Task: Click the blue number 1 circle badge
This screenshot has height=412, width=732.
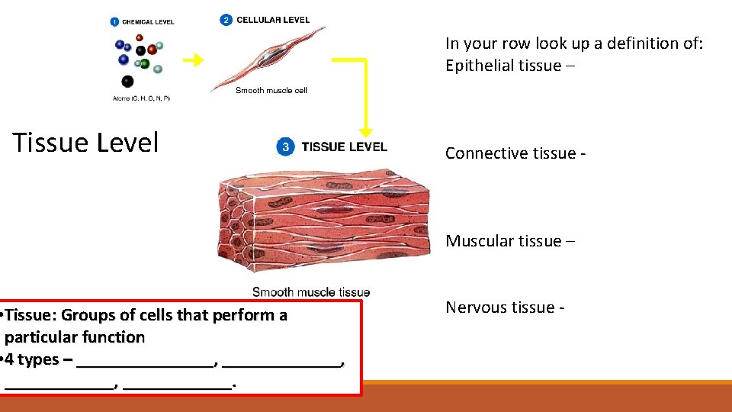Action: click(115, 21)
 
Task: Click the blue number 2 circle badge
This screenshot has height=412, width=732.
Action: click(226, 20)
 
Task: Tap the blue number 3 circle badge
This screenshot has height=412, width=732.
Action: click(286, 147)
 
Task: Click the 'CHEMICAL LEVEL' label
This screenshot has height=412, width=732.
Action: click(149, 21)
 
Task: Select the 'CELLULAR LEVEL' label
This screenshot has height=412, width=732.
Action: click(273, 20)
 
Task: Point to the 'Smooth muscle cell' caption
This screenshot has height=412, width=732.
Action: click(271, 90)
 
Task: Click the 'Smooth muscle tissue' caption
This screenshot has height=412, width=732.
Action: click(311, 291)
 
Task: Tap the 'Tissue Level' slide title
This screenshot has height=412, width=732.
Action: click(85, 143)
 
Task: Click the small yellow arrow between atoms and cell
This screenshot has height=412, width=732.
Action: click(194, 60)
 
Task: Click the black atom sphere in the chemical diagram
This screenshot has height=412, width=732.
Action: click(127, 81)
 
